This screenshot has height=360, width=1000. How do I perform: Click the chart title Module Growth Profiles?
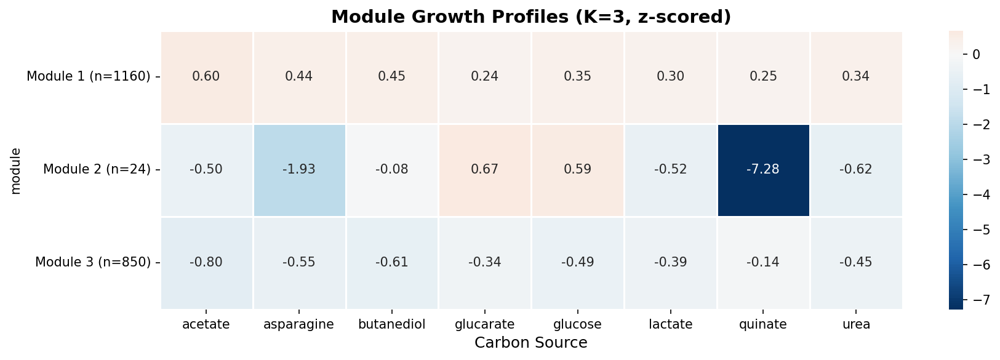530,17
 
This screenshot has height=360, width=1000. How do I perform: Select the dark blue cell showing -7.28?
763,170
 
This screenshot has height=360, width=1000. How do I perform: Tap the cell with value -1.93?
299,170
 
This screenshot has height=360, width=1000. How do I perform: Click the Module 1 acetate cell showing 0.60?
206,77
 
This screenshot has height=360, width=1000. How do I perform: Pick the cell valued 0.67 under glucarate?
485,170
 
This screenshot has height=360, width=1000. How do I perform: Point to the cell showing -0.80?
206,263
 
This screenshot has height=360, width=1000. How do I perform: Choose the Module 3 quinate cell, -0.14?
763,263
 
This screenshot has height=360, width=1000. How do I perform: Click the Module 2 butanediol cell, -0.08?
392,170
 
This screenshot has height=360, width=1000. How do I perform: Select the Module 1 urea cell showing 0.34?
856,77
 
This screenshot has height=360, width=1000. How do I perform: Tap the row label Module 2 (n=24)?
97,170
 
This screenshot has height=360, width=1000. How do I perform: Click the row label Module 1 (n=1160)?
89,77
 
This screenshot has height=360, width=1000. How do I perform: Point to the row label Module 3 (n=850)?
93,263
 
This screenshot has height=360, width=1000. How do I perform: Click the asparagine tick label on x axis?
299,325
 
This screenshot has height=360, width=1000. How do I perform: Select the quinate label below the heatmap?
763,325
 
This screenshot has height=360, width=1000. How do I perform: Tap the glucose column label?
578,325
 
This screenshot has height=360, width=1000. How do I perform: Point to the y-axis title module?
16,170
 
